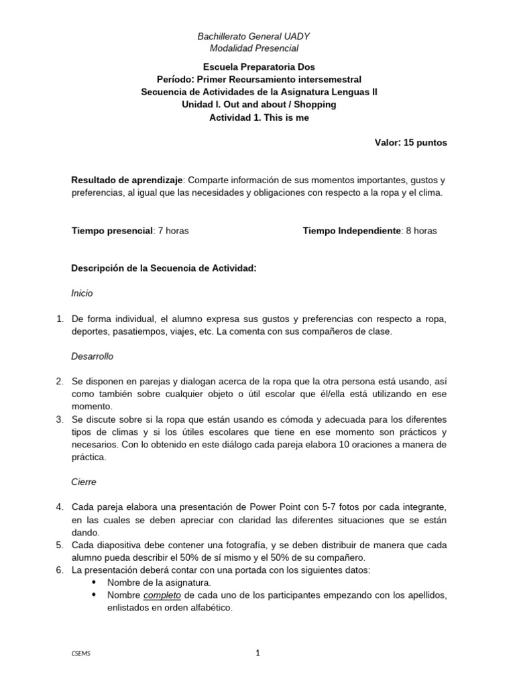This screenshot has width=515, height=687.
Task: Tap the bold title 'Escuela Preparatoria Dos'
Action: [258, 67]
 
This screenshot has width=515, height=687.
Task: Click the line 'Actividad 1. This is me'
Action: [258, 117]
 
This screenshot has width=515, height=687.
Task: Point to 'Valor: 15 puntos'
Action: [410, 143]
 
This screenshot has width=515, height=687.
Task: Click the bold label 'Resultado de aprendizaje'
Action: [127, 180]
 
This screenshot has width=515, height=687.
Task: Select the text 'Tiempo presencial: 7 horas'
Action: [130, 231]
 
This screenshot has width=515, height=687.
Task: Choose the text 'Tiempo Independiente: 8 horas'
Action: [369, 231]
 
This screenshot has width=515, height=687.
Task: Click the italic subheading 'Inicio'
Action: [82, 293]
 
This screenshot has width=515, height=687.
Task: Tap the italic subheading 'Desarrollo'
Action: [93, 356]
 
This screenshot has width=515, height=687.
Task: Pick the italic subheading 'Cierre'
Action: [84, 482]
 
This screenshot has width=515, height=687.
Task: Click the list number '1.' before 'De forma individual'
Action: [59, 319]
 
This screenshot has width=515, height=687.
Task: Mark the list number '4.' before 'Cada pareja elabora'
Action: [59, 507]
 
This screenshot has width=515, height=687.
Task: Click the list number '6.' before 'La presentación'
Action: [59, 570]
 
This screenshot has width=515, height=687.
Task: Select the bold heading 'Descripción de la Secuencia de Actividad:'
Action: [164, 268]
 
